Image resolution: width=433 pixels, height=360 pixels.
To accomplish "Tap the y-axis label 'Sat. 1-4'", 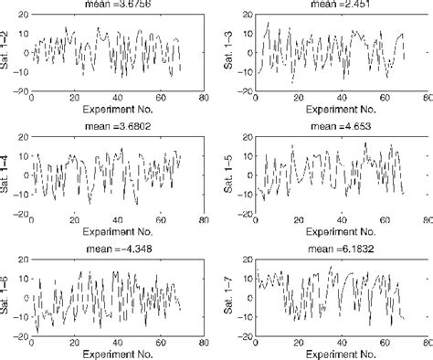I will tap(7, 175).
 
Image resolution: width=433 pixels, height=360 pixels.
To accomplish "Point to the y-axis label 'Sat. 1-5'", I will tap(228, 175).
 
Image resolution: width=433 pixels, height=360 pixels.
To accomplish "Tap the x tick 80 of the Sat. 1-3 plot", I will tap(425, 99).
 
